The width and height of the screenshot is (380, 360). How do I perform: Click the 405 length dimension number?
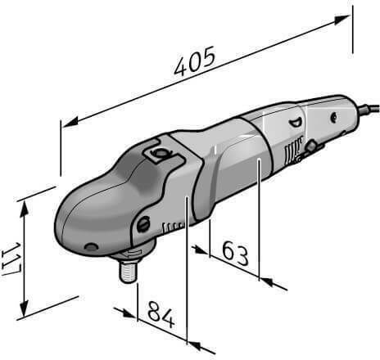tap(195, 61)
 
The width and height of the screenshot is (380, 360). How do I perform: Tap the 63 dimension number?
tap(235, 254)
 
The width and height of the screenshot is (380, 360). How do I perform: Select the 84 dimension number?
tap(161, 315)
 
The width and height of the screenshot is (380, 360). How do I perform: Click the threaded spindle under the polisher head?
tap(129, 271)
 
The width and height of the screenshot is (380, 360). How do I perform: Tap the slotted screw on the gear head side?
tap(143, 224)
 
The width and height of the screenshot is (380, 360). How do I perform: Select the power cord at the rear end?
tap(369, 108)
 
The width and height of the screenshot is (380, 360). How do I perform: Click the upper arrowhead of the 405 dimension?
tap(342, 20)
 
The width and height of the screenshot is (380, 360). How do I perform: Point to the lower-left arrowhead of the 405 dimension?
tap(70, 123)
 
